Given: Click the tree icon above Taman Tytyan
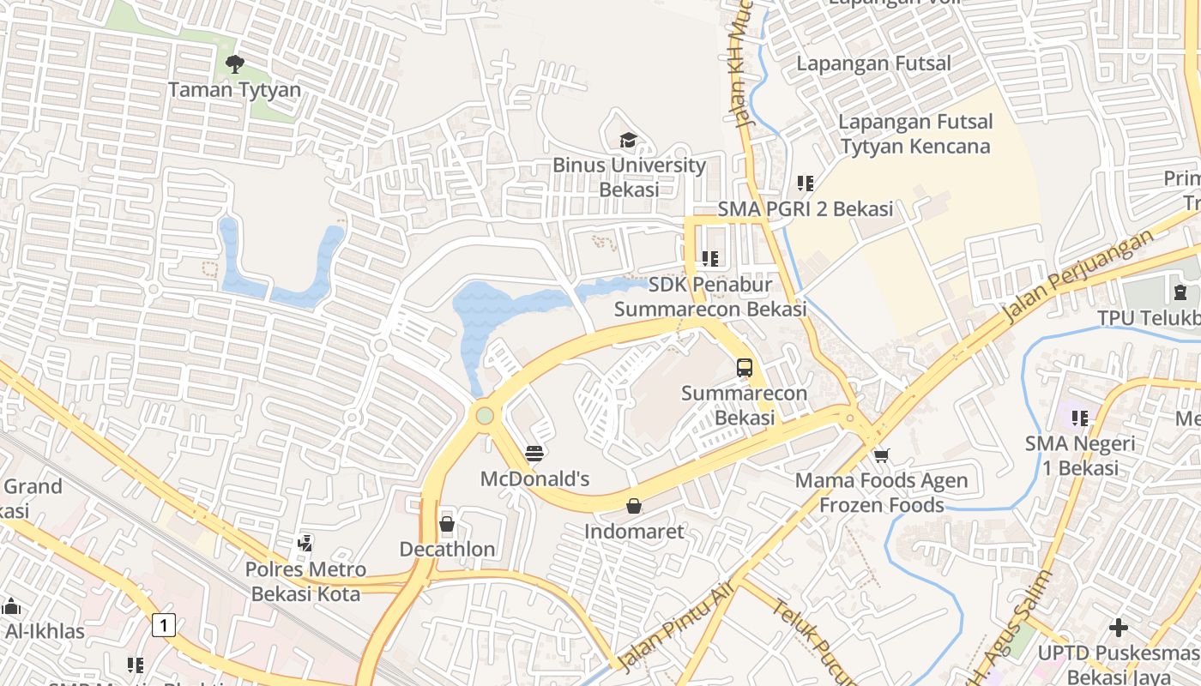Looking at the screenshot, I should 234,63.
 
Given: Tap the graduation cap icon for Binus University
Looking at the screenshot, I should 629,140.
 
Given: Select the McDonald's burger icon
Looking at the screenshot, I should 534,453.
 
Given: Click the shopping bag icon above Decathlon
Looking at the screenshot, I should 447,523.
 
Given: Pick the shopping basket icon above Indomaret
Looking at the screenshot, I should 633,506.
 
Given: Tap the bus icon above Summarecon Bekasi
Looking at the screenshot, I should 745,368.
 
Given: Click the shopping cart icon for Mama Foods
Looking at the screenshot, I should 881,454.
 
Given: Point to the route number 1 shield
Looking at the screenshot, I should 163,625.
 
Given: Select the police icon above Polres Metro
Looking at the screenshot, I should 305,543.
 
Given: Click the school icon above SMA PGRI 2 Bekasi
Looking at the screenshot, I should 805,183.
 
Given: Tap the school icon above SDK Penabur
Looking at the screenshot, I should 709,258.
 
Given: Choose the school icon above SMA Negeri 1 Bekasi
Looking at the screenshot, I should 1079,418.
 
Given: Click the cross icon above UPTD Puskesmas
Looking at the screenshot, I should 1118,628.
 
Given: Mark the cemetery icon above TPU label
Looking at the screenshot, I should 1180,292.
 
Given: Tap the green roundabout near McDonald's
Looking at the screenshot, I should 486,416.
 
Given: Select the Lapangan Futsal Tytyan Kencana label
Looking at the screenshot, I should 914,134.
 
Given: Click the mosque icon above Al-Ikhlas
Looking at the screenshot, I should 11,606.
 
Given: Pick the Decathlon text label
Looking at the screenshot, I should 447,549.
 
